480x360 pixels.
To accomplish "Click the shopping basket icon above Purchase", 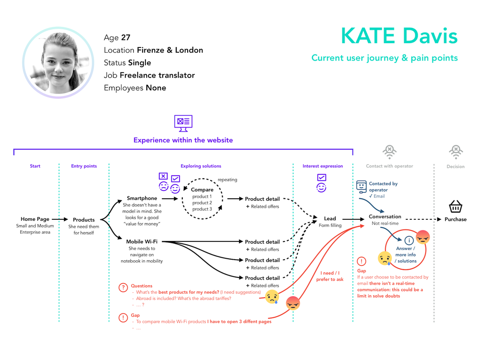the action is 456,206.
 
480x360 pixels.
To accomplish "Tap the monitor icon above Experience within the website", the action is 183,123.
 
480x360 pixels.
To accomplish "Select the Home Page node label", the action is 35,219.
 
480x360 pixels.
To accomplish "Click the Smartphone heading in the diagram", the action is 142,198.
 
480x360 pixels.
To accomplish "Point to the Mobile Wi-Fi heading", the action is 142,241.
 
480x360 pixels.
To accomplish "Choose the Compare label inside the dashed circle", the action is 202,190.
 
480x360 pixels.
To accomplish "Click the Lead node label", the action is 330,218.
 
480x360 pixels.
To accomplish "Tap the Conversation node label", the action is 385,216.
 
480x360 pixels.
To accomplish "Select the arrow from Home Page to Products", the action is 60,219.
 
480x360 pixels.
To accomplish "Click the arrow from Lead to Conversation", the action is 353,219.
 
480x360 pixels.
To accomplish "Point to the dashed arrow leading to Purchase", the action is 423,219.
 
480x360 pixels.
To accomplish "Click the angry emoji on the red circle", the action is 423,237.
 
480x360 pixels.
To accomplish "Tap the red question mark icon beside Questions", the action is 123,288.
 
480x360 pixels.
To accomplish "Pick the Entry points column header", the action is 84,166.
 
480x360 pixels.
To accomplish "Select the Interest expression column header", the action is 323,166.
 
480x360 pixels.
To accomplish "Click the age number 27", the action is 125,37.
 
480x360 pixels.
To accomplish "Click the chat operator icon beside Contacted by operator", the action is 361,187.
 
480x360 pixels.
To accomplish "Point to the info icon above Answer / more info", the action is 409,240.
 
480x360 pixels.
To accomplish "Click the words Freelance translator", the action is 157,75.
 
